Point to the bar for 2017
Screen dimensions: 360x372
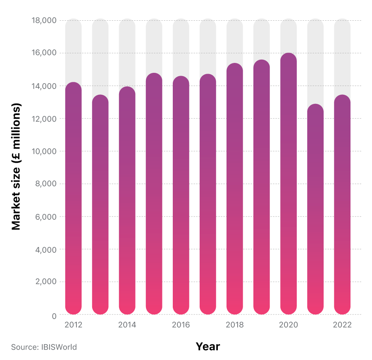(x=208, y=194)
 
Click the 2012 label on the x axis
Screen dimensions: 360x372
(x=73, y=325)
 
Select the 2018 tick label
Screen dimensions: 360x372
(x=235, y=325)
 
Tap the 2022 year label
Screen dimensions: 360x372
(x=342, y=325)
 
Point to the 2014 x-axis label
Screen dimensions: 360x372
(x=127, y=325)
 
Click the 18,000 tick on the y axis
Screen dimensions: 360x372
(x=44, y=20)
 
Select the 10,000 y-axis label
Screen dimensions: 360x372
(x=44, y=151)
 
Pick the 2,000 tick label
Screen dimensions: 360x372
(x=46, y=282)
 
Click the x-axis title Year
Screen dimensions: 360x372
(x=208, y=346)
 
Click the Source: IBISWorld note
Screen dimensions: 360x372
(x=44, y=347)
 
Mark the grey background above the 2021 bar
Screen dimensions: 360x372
(x=315, y=62)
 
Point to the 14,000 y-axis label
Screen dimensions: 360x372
(x=44, y=86)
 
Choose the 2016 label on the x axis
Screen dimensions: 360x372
(x=181, y=325)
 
